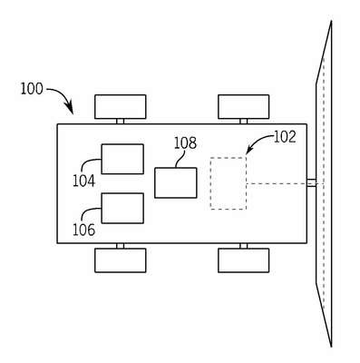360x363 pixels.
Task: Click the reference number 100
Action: [32, 89]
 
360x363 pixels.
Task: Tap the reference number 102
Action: [285, 137]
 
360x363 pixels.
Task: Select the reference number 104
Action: [83, 181]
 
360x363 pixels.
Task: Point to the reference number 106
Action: [83, 230]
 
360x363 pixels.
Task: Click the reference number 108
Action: [185, 143]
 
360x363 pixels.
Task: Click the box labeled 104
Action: [122, 159]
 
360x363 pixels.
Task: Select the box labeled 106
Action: [122, 209]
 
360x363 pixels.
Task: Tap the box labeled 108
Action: [176, 183]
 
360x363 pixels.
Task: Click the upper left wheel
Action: [121, 107]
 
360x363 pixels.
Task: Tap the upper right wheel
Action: [244, 107]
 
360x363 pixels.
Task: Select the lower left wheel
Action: [121, 260]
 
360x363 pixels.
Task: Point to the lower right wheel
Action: [244, 260]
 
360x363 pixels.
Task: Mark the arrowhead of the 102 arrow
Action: [249, 150]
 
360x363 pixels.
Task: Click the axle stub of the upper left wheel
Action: [121, 122]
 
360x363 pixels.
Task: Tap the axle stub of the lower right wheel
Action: [244, 246]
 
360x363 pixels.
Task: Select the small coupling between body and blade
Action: [312, 183]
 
